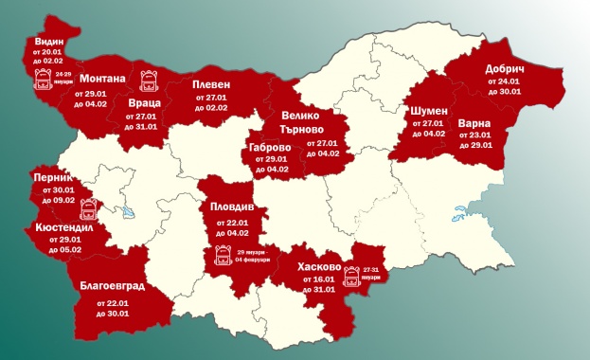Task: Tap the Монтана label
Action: click(x=102, y=79)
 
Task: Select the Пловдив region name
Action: click(x=232, y=207)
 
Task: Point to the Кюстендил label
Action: click(x=63, y=228)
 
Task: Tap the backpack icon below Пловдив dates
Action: click(x=223, y=255)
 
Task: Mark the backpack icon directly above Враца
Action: click(x=149, y=80)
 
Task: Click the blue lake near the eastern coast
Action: click(x=465, y=212)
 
